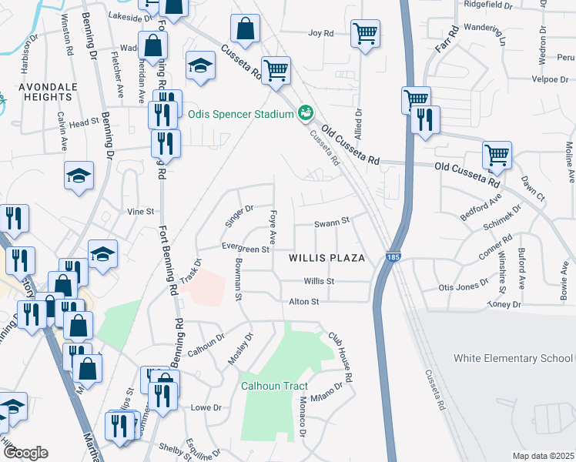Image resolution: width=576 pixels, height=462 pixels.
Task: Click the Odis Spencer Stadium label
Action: point(241,114)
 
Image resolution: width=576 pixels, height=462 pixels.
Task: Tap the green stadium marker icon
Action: point(306,114)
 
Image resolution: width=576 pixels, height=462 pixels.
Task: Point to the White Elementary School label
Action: point(514,358)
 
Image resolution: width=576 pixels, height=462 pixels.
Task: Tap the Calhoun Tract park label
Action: point(274,386)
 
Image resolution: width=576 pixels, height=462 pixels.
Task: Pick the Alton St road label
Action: point(303,302)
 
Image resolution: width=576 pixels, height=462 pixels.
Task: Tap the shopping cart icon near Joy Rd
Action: point(365,34)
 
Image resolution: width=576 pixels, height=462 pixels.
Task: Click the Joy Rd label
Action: point(320,33)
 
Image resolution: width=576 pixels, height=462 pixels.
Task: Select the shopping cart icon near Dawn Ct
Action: point(497,156)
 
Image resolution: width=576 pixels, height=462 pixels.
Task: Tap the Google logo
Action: point(25,453)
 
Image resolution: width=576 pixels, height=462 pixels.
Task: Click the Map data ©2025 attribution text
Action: point(543,456)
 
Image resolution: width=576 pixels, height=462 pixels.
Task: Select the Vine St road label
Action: point(140,211)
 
